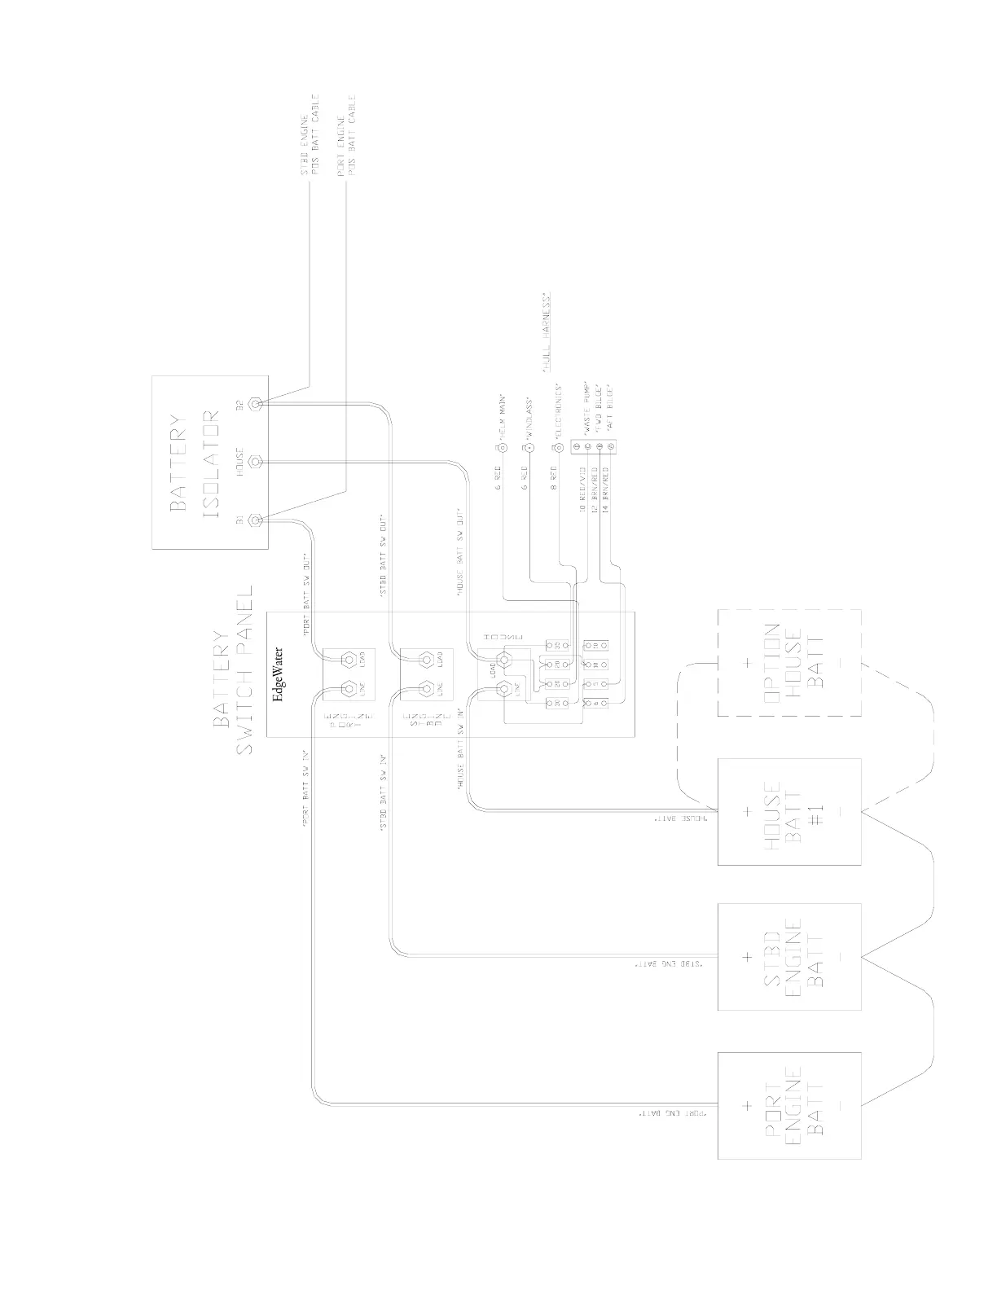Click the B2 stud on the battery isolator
click(x=256, y=403)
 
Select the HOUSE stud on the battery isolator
click(x=256, y=462)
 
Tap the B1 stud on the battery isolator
click(x=256, y=520)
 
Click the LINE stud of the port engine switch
click(x=349, y=689)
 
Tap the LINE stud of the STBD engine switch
click(x=424, y=689)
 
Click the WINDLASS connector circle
click(x=529, y=447)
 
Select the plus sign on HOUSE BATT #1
click(x=747, y=811)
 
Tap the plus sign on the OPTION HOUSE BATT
click(x=747, y=663)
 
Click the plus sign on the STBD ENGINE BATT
click(x=747, y=957)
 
